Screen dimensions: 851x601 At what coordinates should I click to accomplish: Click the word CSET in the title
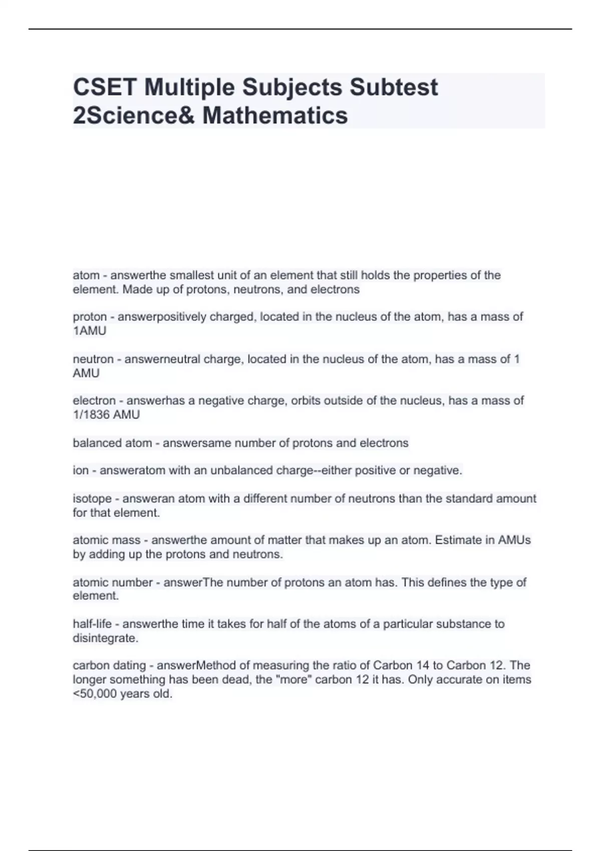pos(104,87)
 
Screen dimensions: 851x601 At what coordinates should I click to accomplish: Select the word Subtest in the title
pos(394,87)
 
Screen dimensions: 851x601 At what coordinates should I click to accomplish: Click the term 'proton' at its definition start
pos(90,317)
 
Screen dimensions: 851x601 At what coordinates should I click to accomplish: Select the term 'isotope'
pos(92,499)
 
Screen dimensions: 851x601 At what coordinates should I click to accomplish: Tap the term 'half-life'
pos(92,624)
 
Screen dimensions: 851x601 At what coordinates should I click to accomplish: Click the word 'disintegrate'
pos(105,638)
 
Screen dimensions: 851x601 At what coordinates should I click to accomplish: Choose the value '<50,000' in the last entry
pos(95,694)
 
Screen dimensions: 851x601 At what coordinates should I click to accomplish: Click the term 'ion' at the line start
pos(80,471)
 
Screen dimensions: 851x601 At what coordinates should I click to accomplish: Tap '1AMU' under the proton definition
pos(90,331)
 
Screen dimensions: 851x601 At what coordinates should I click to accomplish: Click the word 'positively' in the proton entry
pos(181,317)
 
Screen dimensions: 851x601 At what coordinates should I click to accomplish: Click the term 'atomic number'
pos(113,582)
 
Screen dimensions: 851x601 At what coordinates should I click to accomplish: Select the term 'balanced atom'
pos(112,443)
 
